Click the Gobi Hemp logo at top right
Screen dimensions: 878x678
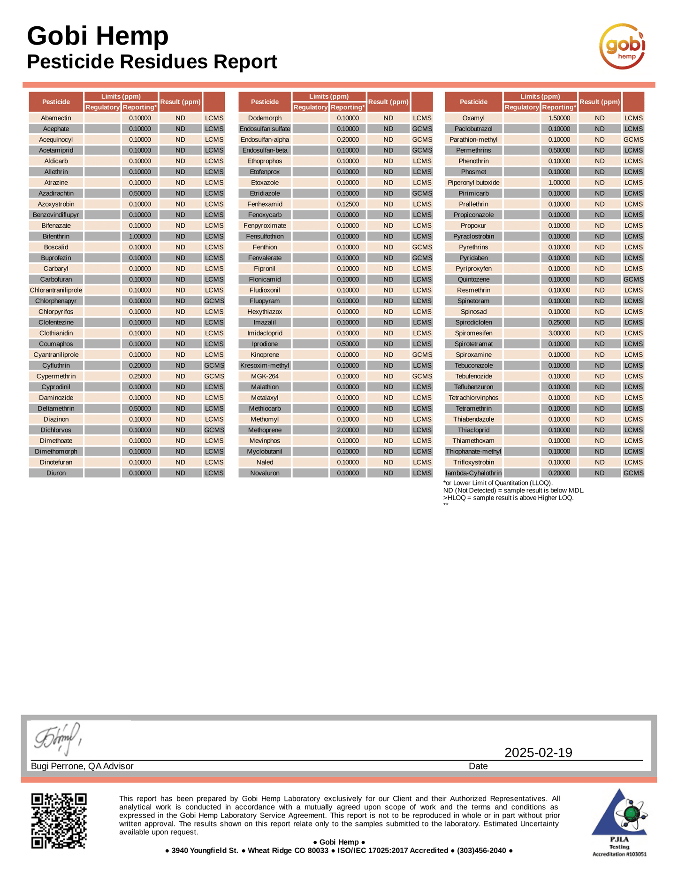tap(623, 46)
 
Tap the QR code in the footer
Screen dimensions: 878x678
tap(59, 820)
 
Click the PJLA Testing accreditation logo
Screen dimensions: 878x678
tap(619, 822)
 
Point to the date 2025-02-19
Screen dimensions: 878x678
tap(538, 753)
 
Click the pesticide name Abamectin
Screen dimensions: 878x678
tap(56, 118)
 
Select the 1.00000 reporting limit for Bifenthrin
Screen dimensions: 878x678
tap(140, 237)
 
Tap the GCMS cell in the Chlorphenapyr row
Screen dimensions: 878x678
tap(214, 301)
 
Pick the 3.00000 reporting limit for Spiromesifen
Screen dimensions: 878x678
tap(559, 333)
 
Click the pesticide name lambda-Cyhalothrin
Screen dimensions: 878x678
tap(473, 473)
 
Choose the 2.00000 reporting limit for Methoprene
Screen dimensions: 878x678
tap(348, 430)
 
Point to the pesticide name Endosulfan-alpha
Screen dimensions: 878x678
tap(265, 140)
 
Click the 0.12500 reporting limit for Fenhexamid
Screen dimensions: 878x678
tap(348, 204)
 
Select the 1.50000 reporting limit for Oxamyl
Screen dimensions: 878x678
tap(559, 118)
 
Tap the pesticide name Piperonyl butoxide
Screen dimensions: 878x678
tap(473, 183)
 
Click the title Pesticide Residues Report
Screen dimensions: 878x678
tap(152, 62)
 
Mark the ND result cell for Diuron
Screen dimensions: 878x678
tap(181, 473)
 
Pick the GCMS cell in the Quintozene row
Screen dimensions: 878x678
tap(633, 279)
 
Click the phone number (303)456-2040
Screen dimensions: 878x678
tap(481, 850)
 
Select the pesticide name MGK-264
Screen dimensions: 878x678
tap(265, 377)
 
